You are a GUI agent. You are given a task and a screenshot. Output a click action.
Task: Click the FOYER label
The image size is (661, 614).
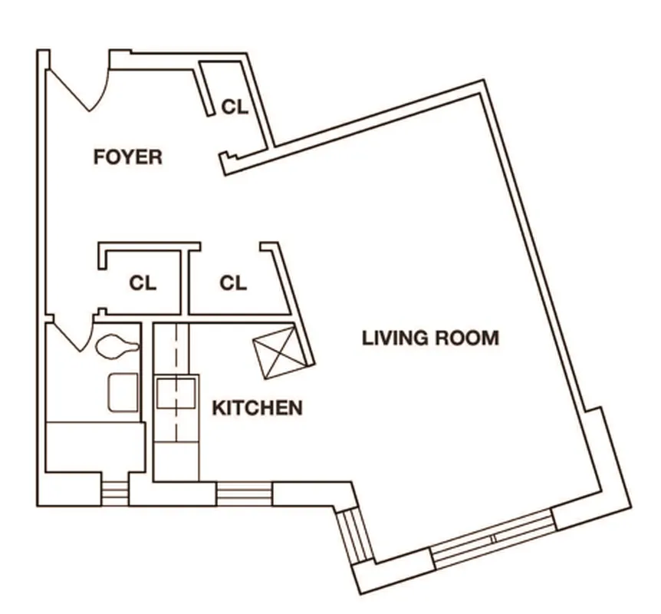tap(127, 157)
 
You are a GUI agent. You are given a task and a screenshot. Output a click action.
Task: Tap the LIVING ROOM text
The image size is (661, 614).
tap(430, 338)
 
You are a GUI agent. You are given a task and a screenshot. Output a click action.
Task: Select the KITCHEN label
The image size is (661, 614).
tap(257, 408)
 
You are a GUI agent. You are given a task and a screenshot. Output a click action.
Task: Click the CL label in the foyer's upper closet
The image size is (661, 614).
tap(235, 107)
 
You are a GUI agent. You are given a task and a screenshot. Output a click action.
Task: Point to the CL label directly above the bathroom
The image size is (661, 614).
tap(143, 283)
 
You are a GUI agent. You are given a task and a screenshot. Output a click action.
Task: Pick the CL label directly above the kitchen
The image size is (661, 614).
tap(233, 283)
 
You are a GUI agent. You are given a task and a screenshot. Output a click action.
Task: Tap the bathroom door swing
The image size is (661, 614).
tap(74, 335)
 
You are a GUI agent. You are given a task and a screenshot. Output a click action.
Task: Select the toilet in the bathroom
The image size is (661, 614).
tap(117, 348)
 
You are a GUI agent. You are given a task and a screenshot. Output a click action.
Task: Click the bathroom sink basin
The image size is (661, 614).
tap(123, 392)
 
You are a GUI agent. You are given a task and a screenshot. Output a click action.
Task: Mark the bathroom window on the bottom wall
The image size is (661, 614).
tap(114, 493)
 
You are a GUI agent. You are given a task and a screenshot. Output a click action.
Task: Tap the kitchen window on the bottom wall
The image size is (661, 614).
tap(243, 493)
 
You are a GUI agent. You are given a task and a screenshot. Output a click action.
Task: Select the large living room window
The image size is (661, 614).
tap(492, 540)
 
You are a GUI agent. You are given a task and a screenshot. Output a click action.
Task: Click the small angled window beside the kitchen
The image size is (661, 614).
tap(357, 535)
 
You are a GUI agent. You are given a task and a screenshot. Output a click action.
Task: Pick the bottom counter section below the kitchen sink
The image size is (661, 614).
tap(176, 460)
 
